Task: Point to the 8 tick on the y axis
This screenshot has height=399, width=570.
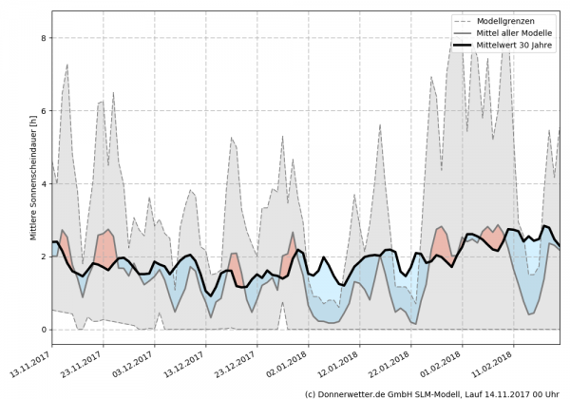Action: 44,38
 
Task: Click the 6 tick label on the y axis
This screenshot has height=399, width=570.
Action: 44,111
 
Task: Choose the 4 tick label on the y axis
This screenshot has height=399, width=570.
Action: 44,184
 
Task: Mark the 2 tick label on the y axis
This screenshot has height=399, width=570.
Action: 44,256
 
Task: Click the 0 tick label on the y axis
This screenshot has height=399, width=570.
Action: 44,330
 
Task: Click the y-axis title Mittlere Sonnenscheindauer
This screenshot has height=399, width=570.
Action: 32,178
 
